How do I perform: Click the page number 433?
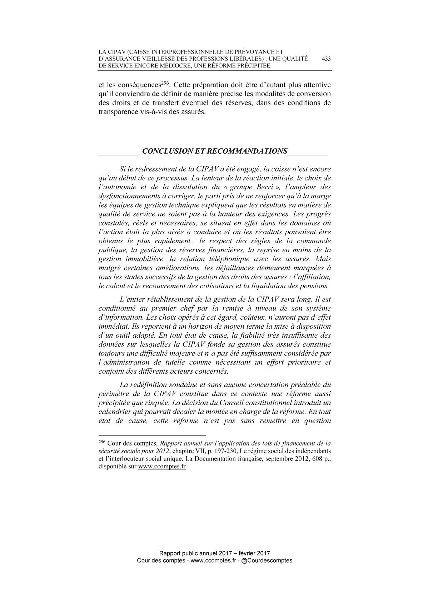click(326, 59)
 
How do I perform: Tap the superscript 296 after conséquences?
click(164, 83)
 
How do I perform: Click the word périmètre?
click(113, 394)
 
